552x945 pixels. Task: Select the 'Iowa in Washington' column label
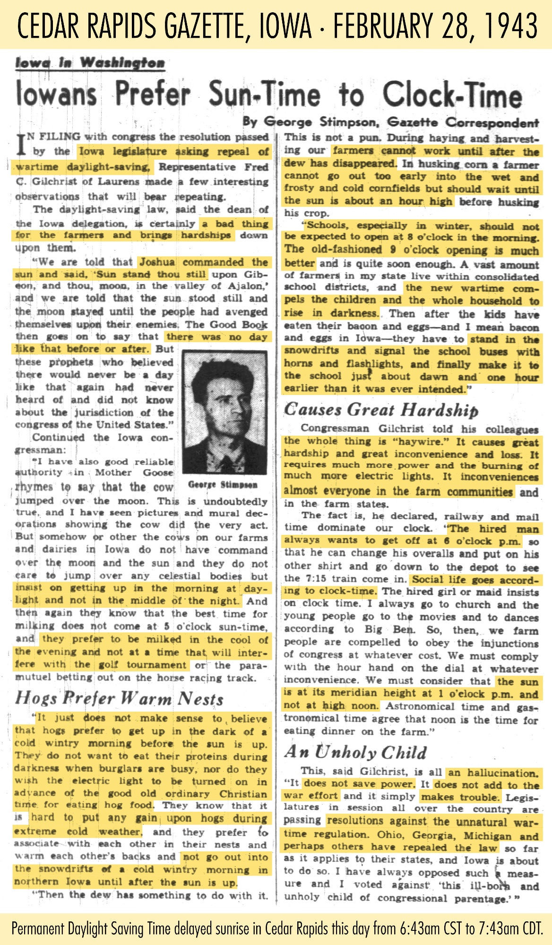[90, 63]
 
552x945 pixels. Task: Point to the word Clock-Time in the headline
[452, 94]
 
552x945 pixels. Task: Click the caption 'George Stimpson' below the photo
[223, 485]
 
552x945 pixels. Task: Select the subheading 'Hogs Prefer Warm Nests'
[119, 698]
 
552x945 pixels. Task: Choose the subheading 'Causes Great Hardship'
[381, 410]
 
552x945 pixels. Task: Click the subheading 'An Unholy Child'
[355, 752]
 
